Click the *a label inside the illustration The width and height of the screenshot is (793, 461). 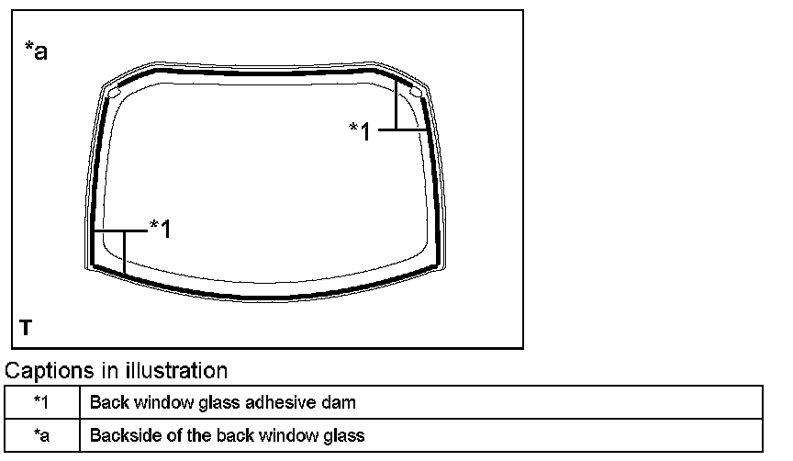pyautogui.click(x=35, y=51)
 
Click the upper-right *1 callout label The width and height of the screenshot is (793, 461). pyautogui.click(x=360, y=131)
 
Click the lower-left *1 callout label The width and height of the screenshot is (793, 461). pyautogui.click(x=160, y=229)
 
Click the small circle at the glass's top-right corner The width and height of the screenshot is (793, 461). pyautogui.click(x=415, y=92)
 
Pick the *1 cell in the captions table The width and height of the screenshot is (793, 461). pyautogui.click(x=42, y=402)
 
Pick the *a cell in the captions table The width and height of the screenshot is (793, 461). pyautogui.click(x=42, y=434)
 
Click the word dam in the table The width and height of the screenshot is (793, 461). pyautogui.click(x=340, y=402)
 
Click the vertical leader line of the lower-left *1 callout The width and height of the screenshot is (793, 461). pyautogui.click(x=124, y=252)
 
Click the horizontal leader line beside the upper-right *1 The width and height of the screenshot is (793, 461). pyautogui.click(x=402, y=131)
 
